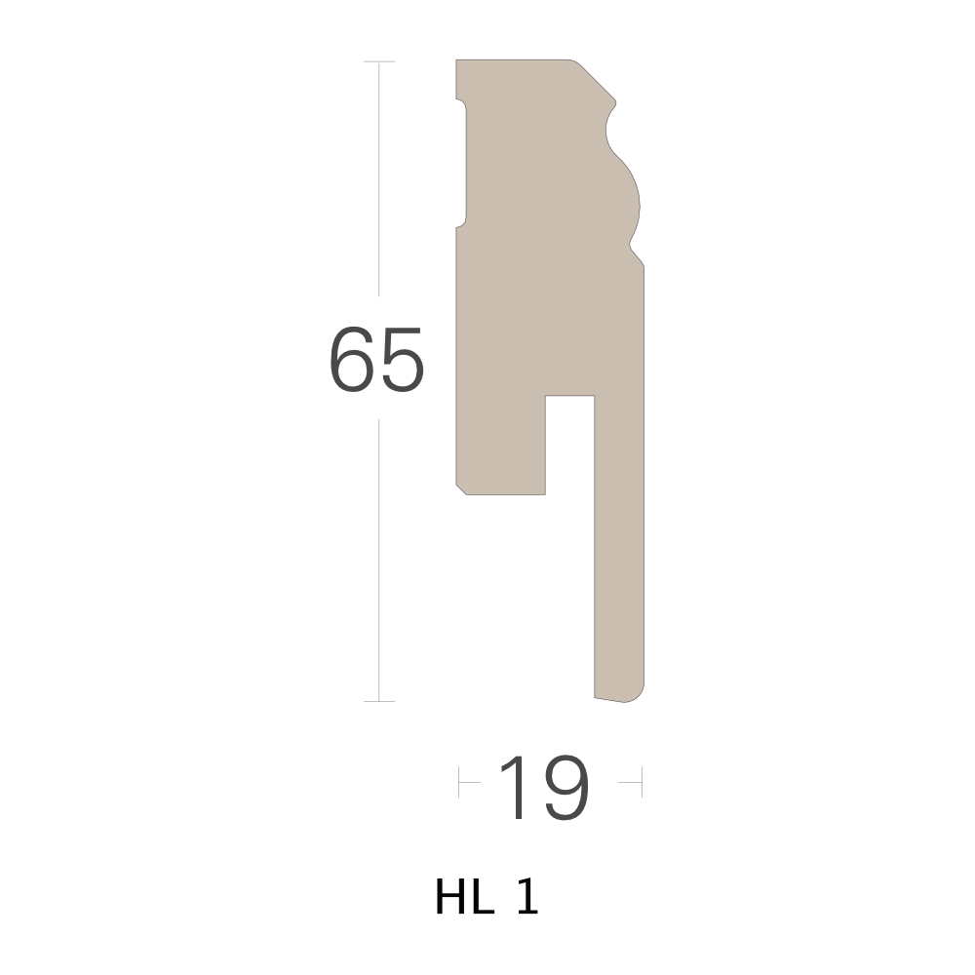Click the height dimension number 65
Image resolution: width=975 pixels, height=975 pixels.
(376, 360)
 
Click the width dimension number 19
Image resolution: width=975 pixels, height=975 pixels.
(544, 788)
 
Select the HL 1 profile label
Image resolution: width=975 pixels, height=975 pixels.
(487, 896)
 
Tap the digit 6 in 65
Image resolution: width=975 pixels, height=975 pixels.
(351, 360)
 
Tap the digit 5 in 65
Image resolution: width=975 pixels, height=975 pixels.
(402, 360)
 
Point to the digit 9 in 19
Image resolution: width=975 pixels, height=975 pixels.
(565, 788)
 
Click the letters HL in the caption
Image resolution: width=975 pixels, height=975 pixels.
(464, 896)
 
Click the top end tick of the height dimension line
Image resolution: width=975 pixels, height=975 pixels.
(379, 62)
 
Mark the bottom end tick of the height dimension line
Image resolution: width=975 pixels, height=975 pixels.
(379, 701)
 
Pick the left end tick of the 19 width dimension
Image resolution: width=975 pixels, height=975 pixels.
(459, 782)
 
